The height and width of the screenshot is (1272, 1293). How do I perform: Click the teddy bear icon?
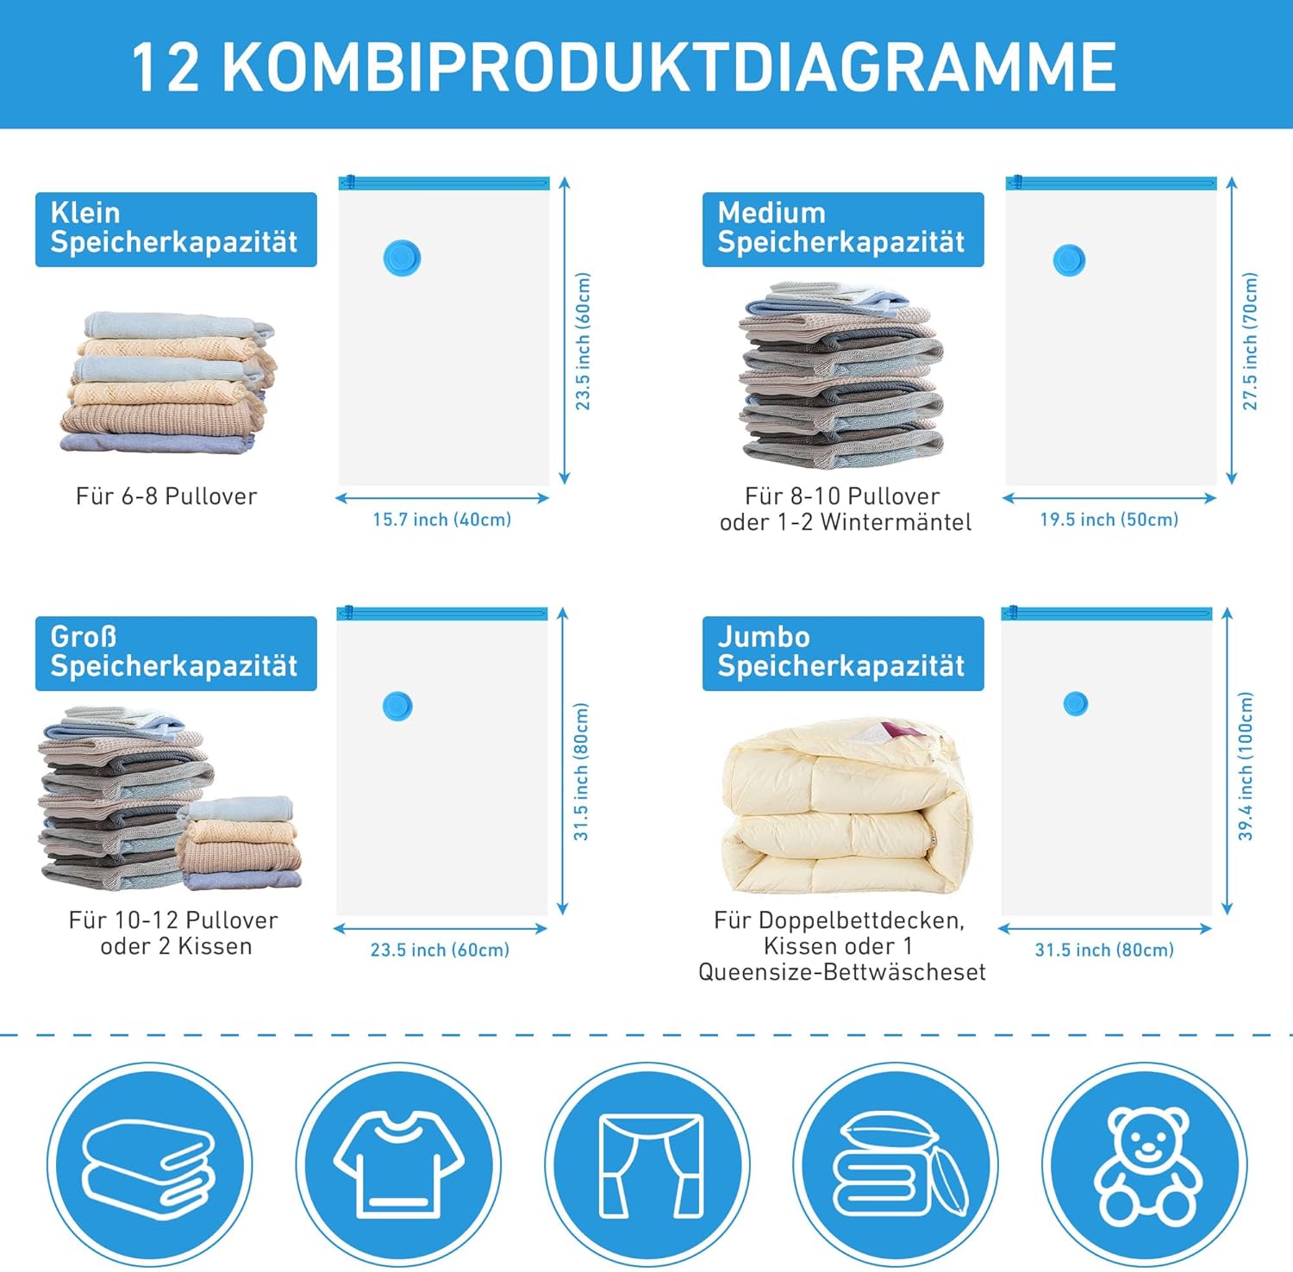click(1144, 1166)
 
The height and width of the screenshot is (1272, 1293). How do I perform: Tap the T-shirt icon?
click(398, 1164)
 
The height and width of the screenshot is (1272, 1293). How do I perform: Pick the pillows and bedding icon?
click(899, 1164)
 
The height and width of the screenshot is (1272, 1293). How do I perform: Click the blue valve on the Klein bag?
click(402, 258)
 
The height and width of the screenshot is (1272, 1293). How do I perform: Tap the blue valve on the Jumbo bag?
click(1076, 703)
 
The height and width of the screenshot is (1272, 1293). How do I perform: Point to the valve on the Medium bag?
click(1069, 260)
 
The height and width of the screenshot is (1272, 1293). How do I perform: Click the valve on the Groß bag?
click(397, 706)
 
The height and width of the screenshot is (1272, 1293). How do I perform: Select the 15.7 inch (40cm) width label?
click(441, 520)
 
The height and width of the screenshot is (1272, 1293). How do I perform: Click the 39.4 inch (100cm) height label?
click(1246, 766)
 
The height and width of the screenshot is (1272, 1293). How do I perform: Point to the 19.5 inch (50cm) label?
click(1109, 520)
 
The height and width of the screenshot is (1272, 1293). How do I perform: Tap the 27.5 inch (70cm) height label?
click(1250, 341)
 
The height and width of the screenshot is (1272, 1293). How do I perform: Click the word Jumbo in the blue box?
click(764, 637)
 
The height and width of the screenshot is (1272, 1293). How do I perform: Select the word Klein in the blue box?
click(84, 213)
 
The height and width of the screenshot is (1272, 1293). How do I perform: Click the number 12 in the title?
click(166, 67)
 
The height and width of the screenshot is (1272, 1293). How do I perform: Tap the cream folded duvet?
click(846, 807)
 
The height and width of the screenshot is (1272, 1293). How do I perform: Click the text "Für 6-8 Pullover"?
click(166, 496)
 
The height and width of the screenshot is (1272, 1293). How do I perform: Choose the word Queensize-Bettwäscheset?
click(842, 973)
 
